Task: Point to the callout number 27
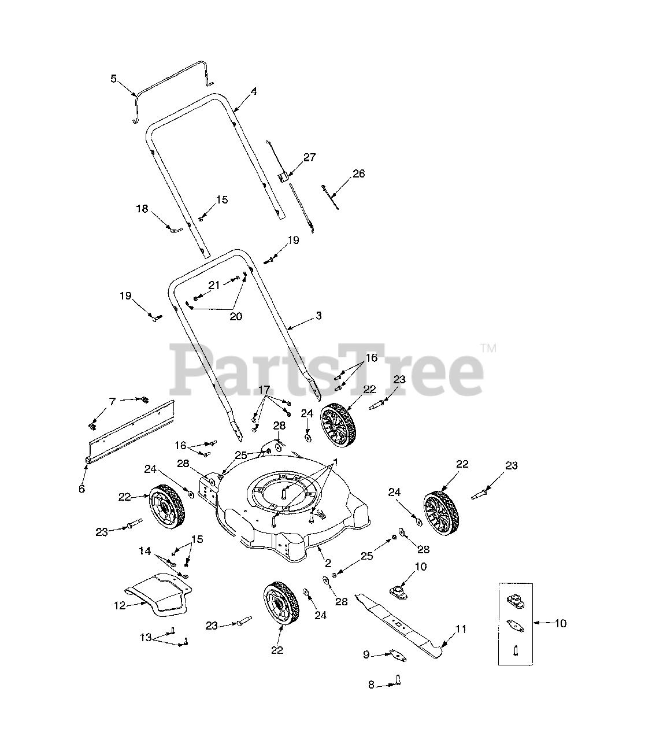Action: pos(309,157)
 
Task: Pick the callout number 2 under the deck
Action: pos(328,563)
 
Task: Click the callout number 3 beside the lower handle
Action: pos(318,316)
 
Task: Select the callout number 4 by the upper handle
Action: pos(253,91)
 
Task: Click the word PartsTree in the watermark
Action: pos(327,367)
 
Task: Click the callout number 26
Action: pos(359,173)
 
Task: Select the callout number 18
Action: pos(142,209)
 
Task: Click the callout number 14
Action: pos(145,551)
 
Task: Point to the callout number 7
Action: pos(113,401)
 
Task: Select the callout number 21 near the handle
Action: pos(214,284)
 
